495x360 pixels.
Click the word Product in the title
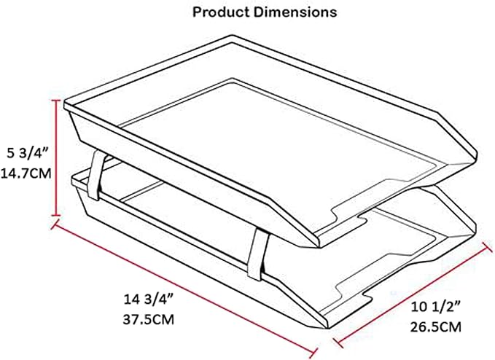221,12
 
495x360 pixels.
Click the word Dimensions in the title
295,12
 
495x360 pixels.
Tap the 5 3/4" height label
28,153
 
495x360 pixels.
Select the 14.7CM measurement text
26,173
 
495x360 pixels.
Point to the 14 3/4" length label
149,299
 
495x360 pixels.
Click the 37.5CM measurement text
149,320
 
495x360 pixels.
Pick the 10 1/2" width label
436,307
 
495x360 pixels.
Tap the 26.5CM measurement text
436,327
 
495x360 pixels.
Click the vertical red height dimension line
57,157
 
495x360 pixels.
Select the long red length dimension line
184,288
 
